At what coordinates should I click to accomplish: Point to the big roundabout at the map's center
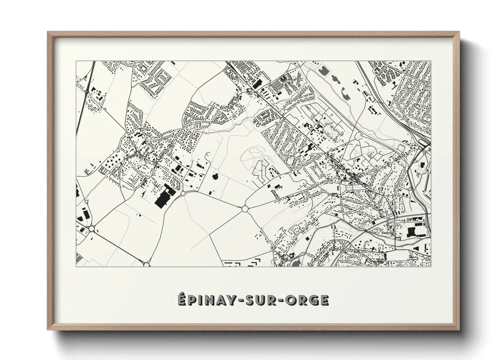tap(245, 208)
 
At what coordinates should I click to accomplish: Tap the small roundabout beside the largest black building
tap(183, 193)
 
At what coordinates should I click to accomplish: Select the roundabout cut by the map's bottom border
tap(146, 264)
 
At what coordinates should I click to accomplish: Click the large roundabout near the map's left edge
tap(91, 229)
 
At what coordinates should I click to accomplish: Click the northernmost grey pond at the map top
tap(323, 71)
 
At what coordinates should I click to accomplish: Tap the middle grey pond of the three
tap(335, 81)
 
